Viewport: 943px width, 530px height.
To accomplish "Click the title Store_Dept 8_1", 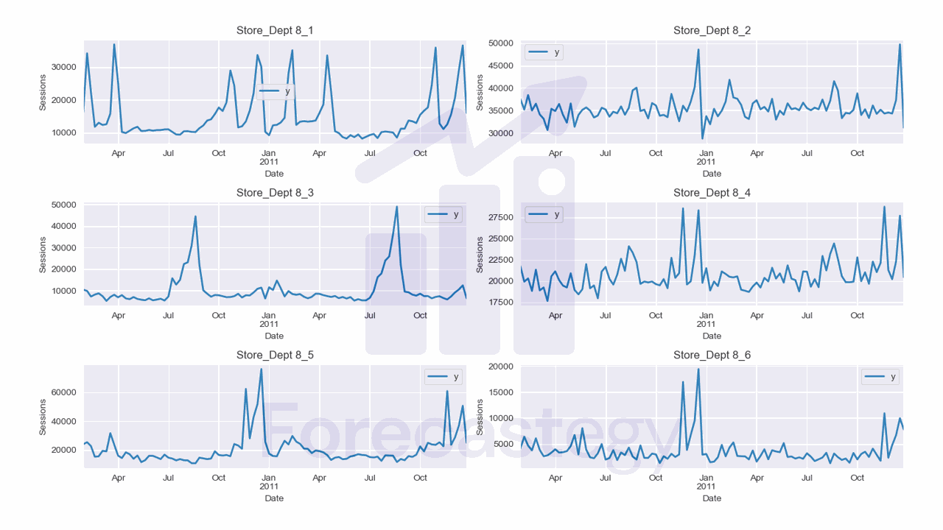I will click(x=274, y=30).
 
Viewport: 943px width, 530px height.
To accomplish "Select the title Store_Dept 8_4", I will click(x=712, y=193).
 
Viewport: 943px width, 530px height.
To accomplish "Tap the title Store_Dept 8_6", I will click(x=712, y=355).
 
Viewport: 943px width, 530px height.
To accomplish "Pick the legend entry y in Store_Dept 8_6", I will click(x=881, y=377).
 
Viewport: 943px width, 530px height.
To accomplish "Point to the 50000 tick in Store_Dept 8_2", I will click(x=501, y=43).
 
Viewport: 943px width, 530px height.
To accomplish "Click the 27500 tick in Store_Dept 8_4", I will click(x=501, y=218).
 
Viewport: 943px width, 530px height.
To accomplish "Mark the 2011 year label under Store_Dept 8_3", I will click(x=269, y=324).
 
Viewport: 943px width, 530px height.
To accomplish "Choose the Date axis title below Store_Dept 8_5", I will click(x=274, y=498).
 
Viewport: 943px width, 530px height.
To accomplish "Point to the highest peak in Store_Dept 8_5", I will click(x=262, y=369).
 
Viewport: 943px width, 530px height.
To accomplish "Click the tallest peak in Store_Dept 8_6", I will click(x=698, y=369).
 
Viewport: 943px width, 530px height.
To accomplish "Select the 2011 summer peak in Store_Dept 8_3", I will click(x=397, y=207).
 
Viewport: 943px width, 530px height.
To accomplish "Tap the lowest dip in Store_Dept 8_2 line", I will click(x=702, y=138).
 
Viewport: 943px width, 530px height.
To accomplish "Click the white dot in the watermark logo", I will click(x=550, y=180).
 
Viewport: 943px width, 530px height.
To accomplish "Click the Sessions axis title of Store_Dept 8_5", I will click(x=43, y=417).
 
